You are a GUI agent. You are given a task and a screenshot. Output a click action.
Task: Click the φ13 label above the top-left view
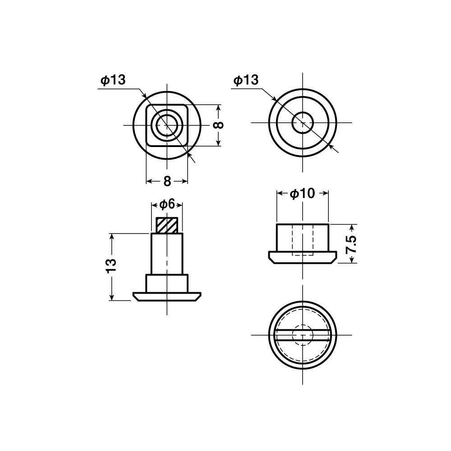click(x=113, y=80)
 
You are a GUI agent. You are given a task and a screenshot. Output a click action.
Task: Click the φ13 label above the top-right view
click(x=246, y=80)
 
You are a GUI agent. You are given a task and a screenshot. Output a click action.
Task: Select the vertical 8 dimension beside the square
click(x=219, y=125)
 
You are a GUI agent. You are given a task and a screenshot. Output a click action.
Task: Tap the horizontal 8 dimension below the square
click(x=167, y=181)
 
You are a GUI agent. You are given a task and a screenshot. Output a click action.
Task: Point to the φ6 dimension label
click(x=167, y=204)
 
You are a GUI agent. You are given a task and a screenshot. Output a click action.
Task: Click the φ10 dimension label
click(x=302, y=194)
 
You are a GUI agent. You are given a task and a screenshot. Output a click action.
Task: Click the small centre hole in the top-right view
click(x=303, y=122)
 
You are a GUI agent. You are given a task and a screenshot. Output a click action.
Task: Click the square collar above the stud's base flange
click(x=167, y=284)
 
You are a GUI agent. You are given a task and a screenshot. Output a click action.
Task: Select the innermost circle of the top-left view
click(x=167, y=124)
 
